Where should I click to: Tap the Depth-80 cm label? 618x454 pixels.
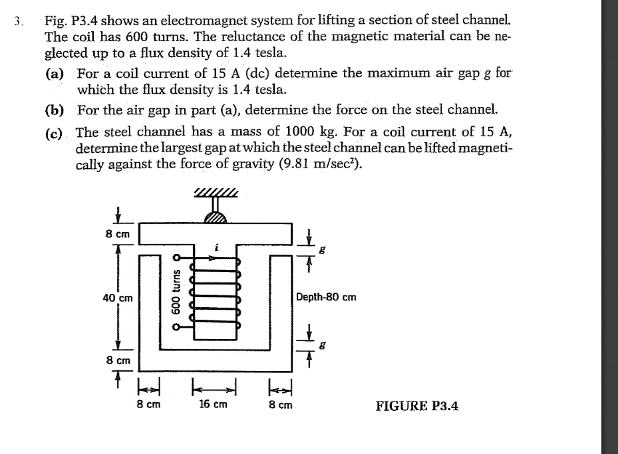click(326, 296)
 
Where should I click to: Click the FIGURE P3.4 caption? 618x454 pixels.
click(418, 405)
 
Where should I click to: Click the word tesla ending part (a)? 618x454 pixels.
click(275, 88)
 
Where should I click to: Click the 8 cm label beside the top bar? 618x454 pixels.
click(118, 234)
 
